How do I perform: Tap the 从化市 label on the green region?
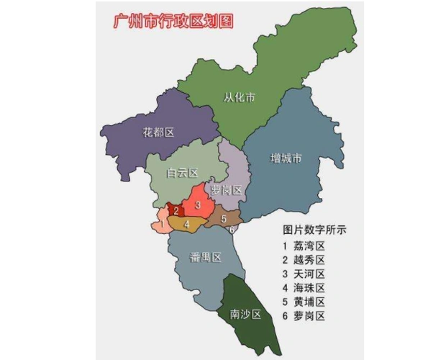[x=240, y=97]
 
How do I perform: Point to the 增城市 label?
[x=286, y=158]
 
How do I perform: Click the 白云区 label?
[x=182, y=173]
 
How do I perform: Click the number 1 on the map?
[x=163, y=224]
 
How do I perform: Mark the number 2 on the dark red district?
[x=176, y=211]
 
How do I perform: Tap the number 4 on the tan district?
[x=188, y=225]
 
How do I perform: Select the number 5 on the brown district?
[x=224, y=218]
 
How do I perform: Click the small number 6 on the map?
[x=232, y=230]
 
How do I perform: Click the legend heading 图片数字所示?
[x=315, y=230]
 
